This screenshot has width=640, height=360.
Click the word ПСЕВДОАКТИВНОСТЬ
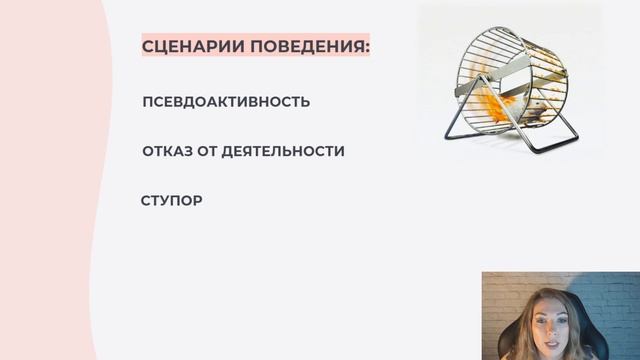click(x=226, y=102)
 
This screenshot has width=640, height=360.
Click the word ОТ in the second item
click(x=204, y=151)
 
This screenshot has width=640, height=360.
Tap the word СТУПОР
click(x=172, y=200)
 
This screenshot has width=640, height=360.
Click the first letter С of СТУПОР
click(x=147, y=200)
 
